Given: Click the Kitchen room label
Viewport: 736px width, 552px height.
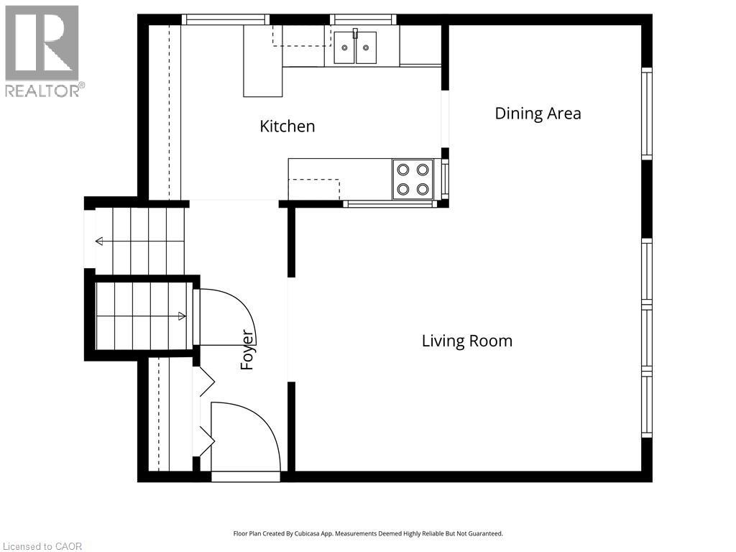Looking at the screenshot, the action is pyautogui.click(x=287, y=126).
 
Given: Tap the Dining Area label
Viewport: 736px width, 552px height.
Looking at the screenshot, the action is pyautogui.click(x=538, y=113).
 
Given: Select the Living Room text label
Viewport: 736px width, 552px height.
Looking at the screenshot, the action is pyautogui.click(x=467, y=341).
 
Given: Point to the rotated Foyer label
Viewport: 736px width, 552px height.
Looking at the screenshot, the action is pyautogui.click(x=247, y=350).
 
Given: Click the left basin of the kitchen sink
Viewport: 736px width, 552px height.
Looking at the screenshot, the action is pyautogui.click(x=344, y=47).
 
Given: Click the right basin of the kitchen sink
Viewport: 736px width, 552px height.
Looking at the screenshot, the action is pyautogui.click(x=366, y=47).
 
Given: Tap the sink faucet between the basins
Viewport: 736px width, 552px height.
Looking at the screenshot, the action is pyautogui.click(x=355, y=34).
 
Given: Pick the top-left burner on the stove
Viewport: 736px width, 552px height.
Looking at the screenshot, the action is pyautogui.click(x=402, y=169).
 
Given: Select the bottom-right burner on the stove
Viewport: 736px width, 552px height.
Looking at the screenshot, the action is pyautogui.click(x=423, y=189).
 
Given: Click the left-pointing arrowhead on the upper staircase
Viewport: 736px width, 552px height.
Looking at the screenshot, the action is pyautogui.click(x=98, y=241).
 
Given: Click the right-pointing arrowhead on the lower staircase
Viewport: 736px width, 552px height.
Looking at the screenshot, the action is pyautogui.click(x=182, y=316).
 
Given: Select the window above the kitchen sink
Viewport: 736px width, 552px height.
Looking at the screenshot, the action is pyautogui.click(x=363, y=19).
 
